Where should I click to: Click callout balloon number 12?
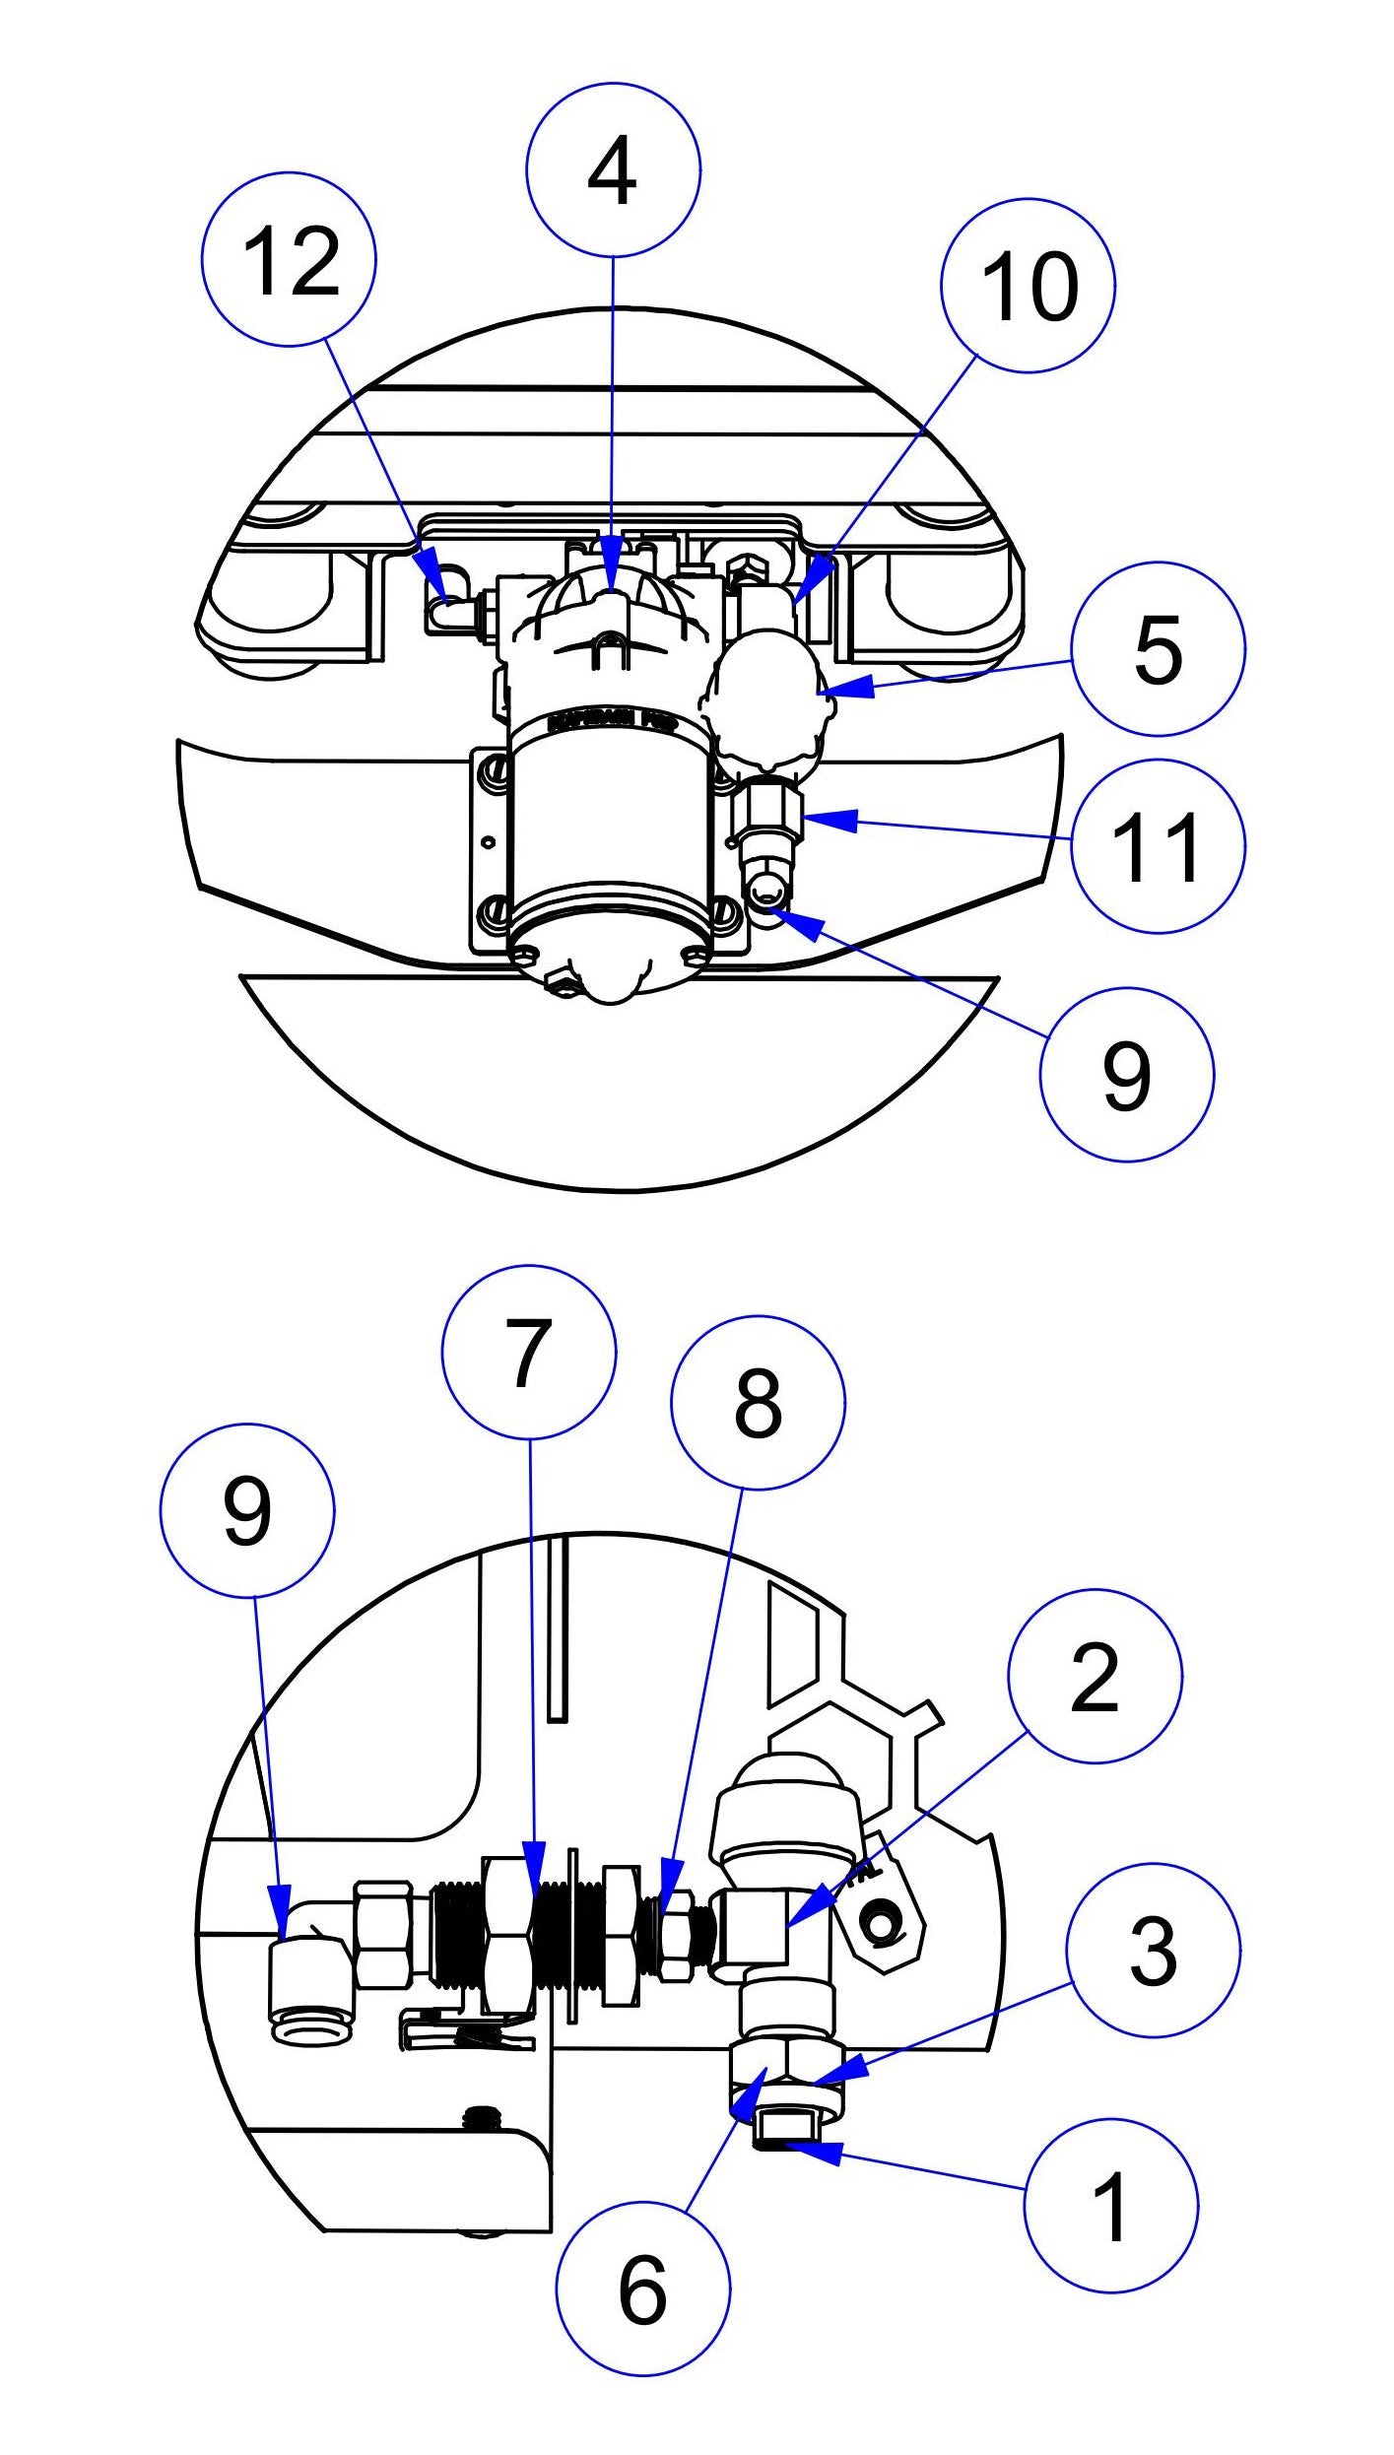point(289,259)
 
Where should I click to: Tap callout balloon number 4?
point(613,170)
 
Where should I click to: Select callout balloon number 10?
point(1028,286)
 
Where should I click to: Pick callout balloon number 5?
point(1158,649)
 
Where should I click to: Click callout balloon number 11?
point(1158,846)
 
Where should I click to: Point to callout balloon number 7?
point(529,1353)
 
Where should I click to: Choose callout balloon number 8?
point(758,1402)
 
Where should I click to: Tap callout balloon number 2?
point(1095,1677)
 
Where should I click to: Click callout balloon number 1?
point(1111,2207)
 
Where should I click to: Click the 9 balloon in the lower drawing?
point(246,1510)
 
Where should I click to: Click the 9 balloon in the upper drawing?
point(1126,1075)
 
